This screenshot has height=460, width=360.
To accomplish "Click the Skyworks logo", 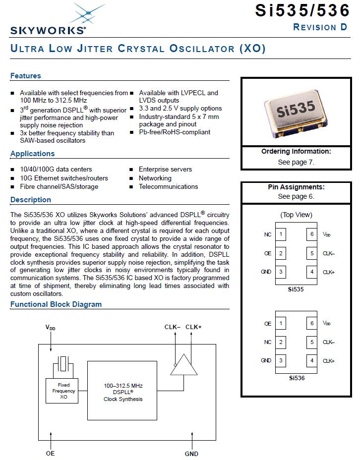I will pyautogui.click(x=48, y=20).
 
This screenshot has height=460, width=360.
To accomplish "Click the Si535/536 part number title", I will pyautogui.click(x=302, y=11).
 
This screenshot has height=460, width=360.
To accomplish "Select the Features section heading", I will pyautogui.click(x=26, y=76).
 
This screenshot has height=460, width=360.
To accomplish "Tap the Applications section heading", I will pyautogui.click(x=32, y=154).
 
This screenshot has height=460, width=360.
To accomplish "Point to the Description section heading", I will pyautogui.click(x=31, y=200).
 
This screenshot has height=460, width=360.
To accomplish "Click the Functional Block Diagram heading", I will pyautogui.click(x=56, y=304).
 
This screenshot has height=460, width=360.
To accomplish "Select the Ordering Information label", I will pyautogui.click(x=296, y=152).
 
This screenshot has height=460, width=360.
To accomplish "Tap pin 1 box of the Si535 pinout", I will pyautogui.click(x=281, y=234).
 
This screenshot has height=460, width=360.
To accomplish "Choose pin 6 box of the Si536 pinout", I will pyautogui.click(x=312, y=324).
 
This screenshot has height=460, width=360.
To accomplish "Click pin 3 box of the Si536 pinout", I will pyautogui.click(x=281, y=360).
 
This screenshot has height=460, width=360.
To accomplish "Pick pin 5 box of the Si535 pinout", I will pyautogui.click(x=312, y=253).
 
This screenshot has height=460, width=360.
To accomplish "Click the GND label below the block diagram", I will pyautogui.click(x=191, y=454).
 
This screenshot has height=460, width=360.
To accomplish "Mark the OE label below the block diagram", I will pyautogui.click(x=51, y=454).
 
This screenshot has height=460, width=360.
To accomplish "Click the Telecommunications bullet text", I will pyautogui.click(x=168, y=187).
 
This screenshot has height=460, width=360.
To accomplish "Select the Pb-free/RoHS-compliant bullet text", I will pyautogui.click(x=175, y=132).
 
